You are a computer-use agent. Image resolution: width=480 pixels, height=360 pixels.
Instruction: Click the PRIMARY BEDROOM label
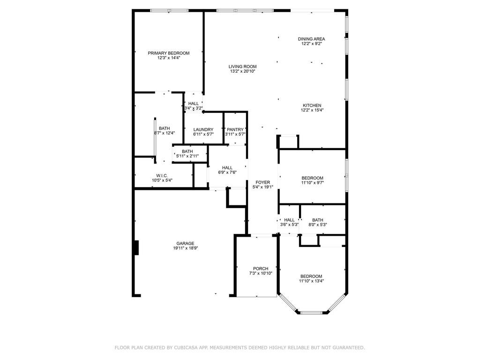(x=169, y=53)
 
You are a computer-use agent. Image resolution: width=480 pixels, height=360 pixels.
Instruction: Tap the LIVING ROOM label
(x=243, y=67)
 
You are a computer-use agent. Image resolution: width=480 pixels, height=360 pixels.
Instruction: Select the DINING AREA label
(x=312, y=39)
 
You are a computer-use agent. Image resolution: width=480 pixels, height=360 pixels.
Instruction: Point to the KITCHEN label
(x=312, y=105)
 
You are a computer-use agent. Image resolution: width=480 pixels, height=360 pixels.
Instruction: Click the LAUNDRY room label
(x=203, y=129)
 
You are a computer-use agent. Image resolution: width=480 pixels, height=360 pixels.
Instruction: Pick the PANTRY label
(x=235, y=129)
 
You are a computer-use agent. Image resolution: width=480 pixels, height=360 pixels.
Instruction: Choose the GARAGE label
(x=185, y=243)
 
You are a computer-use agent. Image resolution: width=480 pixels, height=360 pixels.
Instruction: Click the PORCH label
(x=260, y=269)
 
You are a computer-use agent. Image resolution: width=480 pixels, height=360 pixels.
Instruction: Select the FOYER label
(x=262, y=182)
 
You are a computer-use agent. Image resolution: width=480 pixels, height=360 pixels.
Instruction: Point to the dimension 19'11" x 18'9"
(x=185, y=248)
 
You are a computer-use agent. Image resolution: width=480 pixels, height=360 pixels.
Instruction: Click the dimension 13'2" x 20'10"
(x=243, y=71)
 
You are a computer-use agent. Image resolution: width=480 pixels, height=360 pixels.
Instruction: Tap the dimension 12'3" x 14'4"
(x=169, y=58)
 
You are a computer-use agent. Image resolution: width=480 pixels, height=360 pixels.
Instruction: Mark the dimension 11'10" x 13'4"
(x=312, y=281)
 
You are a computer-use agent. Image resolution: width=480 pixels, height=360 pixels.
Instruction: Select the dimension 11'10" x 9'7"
(x=312, y=183)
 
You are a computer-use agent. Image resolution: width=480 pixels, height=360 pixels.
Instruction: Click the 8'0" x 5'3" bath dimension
(x=318, y=225)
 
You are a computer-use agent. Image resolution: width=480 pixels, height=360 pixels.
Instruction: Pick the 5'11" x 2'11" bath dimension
(x=187, y=156)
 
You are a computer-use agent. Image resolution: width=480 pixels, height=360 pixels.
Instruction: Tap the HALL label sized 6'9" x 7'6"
(x=227, y=167)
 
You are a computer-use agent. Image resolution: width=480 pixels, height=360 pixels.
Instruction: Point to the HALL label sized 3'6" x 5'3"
(x=289, y=220)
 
